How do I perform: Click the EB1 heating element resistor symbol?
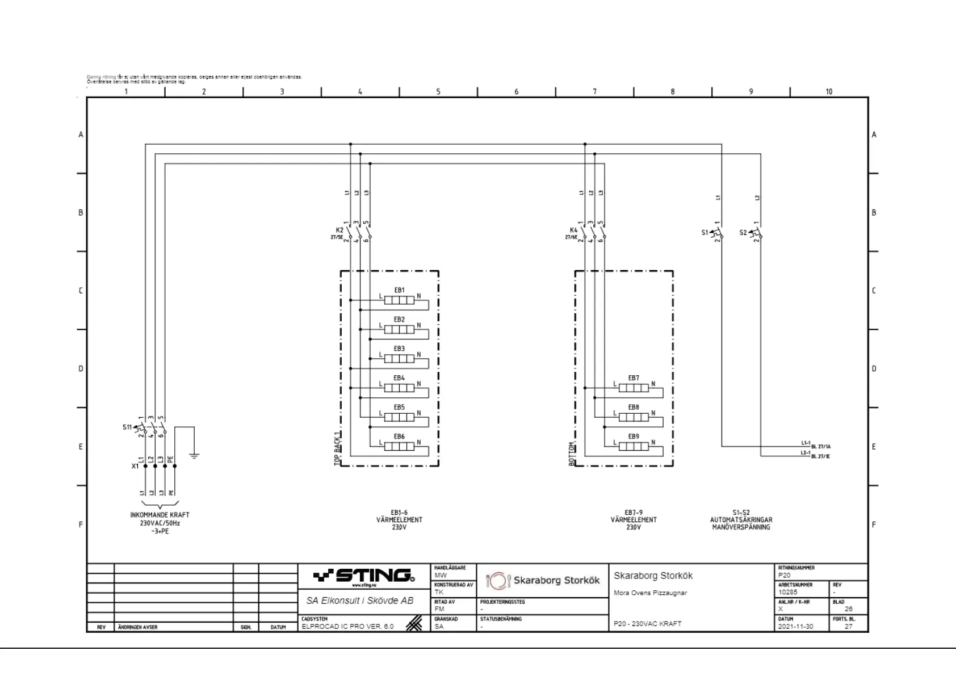(399, 300)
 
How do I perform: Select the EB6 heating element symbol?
(399, 446)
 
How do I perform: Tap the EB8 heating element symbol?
(634, 417)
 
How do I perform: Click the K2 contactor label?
(339, 230)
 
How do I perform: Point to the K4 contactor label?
(573, 230)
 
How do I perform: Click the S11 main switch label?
(127, 427)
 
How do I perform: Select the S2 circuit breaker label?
(743, 232)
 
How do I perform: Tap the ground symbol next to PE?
(194, 455)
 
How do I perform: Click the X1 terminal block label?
(135, 466)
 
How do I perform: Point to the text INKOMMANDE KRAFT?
(160, 515)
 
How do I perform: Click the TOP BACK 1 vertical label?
(337, 448)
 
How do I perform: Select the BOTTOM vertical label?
(572, 454)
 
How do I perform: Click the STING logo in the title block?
(364, 576)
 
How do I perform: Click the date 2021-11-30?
(795, 627)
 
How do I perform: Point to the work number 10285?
(788, 592)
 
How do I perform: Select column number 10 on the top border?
(829, 91)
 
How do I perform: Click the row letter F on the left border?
(81, 524)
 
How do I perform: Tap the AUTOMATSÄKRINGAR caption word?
(741, 519)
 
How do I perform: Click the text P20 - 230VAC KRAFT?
(647, 623)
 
